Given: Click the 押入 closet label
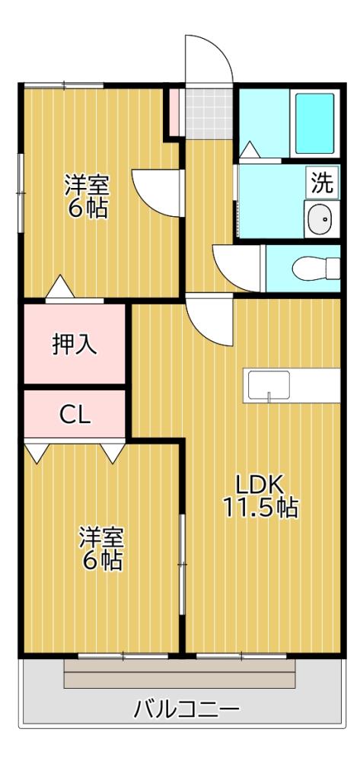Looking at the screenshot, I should click(x=74, y=344).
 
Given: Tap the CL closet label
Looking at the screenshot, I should click(x=75, y=416).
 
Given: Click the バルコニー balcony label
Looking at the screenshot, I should click(x=186, y=711).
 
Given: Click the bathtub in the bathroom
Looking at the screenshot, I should click(x=314, y=124).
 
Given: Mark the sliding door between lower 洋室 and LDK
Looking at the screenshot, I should click(x=182, y=563).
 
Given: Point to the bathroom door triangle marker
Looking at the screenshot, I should click(x=249, y=151).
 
